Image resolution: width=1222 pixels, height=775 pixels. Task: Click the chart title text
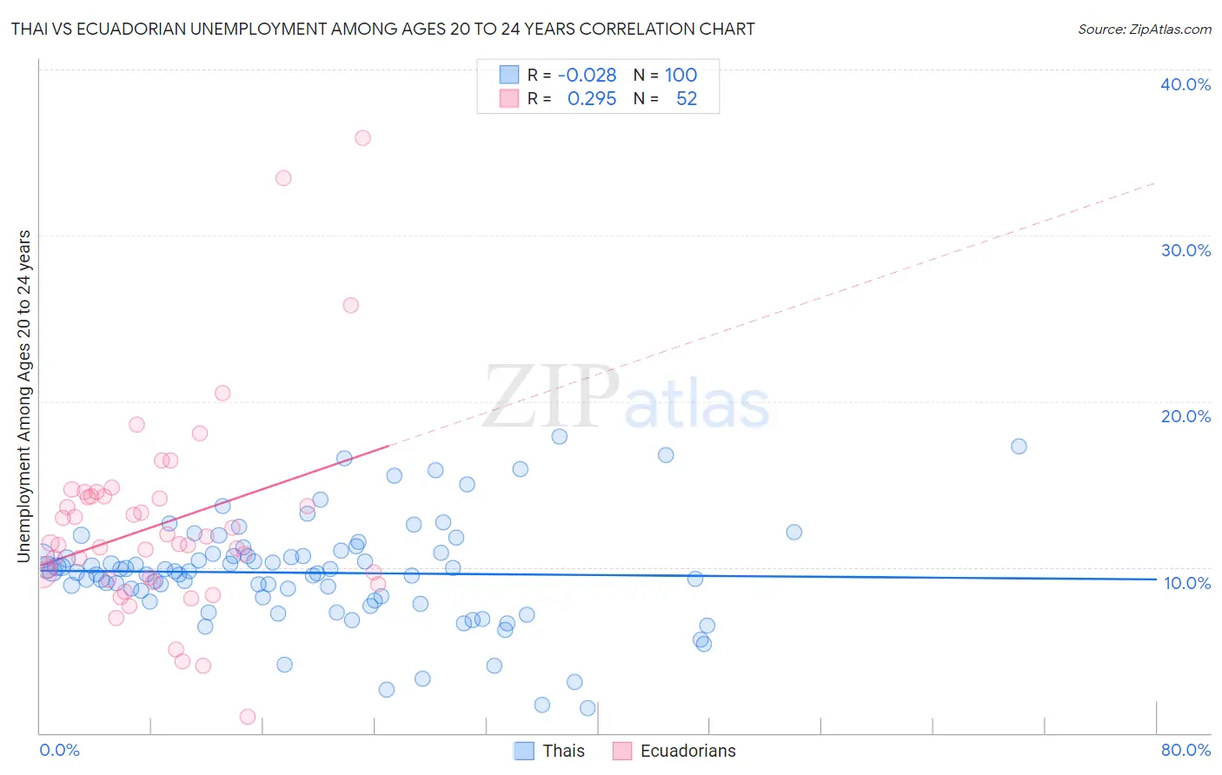click(382, 29)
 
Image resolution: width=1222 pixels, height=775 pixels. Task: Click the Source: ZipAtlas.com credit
click(1144, 29)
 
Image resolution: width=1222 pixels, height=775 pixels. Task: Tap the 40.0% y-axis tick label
click(1185, 84)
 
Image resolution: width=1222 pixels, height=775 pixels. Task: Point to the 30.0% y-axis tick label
click(1185, 250)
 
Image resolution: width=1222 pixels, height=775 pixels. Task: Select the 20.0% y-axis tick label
click(1185, 416)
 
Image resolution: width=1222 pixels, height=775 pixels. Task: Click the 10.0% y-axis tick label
click(1186, 583)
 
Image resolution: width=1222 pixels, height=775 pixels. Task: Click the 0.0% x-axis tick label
click(59, 750)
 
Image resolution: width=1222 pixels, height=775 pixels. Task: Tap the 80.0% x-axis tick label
click(1185, 750)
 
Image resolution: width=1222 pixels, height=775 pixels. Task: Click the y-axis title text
click(24, 396)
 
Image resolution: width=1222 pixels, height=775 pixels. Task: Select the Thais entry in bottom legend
click(563, 751)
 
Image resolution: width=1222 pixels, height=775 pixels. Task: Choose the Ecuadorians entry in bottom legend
click(687, 751)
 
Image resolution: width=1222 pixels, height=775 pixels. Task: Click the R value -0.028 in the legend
click(587, 75)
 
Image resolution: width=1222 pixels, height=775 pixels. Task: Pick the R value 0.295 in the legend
click(591, 98)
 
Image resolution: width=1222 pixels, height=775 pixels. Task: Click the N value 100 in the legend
click(681, 75)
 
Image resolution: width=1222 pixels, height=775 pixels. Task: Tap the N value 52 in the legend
click(686, 98)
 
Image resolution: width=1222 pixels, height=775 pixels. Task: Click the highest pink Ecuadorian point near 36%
click(362, 138)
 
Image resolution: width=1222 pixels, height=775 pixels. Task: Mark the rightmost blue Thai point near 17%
click(1019, 447)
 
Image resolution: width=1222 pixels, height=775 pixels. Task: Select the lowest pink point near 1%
click(247, 717)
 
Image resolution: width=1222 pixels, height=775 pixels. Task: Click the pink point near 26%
click(350, 305)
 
